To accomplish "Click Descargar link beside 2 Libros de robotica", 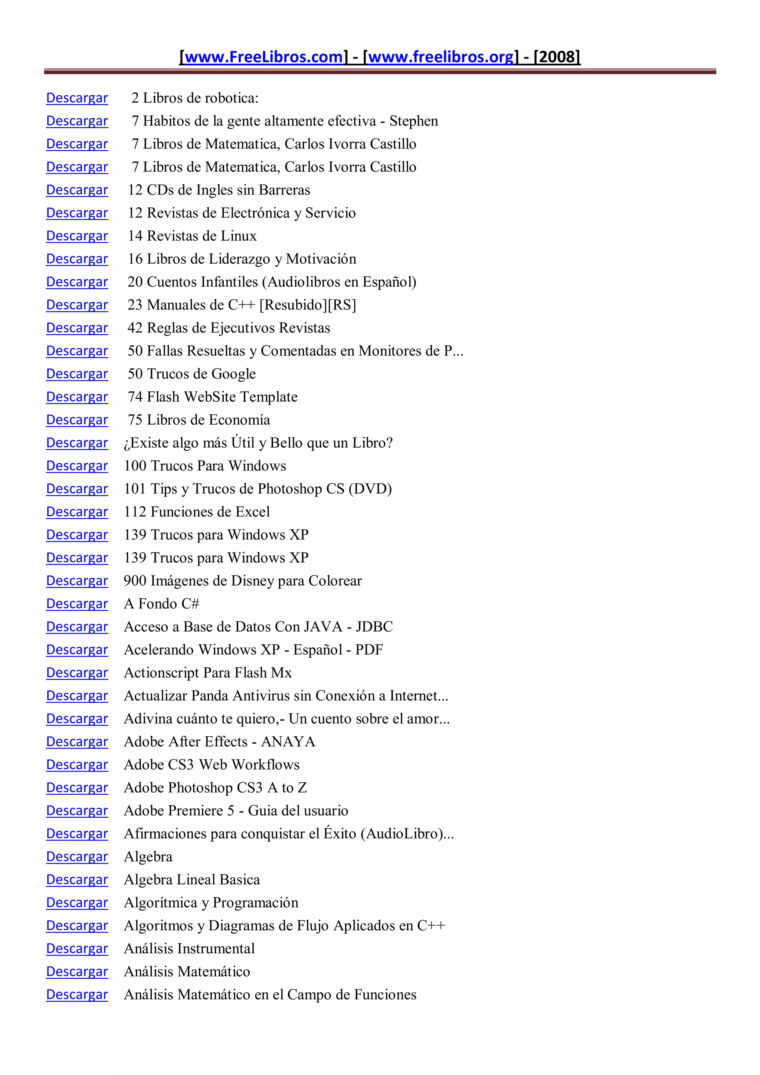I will [x=77, y=98].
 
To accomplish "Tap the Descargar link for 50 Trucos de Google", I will [x=77, y=374].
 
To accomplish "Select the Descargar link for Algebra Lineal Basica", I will [x=77, y=879].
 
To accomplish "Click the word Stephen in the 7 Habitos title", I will [x=413, y=121].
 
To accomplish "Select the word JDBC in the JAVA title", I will [x=374, y=626].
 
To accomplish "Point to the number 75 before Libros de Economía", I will [x=135, y=420].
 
